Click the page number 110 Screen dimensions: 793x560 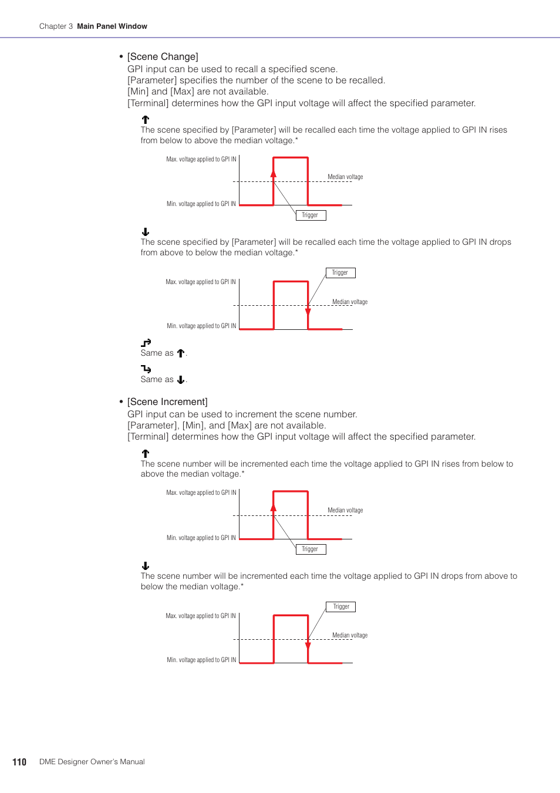click(x=19, y=762)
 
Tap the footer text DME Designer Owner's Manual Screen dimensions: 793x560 click(x=92, y=762)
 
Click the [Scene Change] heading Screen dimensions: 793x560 click(x=163, y=56)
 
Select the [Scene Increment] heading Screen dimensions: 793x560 click(x=167, y=401)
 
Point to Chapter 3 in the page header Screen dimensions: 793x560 click(x=56, y=26)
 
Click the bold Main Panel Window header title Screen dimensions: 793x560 click(x=112, y=26)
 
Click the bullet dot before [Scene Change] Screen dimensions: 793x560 click(x=121, y=56)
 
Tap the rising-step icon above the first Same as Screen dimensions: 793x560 click(x=146, y=343)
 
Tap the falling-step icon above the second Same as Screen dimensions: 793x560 click(x=146, y=369)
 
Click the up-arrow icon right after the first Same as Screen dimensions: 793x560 click(x=181, y=353)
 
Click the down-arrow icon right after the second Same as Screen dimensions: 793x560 click(x=181, y=380)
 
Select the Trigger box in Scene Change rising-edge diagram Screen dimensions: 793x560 click(x=310, y=215)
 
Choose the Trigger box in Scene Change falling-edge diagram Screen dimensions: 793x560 click(x=340, y=273)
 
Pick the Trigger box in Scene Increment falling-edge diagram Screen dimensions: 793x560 click(x=340, y=607)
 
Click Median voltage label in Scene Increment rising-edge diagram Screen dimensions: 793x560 click(x=345, y=510)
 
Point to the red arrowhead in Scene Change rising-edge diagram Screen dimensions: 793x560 click(x=274, y=173)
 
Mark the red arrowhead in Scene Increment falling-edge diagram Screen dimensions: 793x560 click(x=308, y=645)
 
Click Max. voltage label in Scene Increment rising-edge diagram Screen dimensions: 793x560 click(x=201, y=493)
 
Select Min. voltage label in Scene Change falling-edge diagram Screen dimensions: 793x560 click(x=201, y=326)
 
